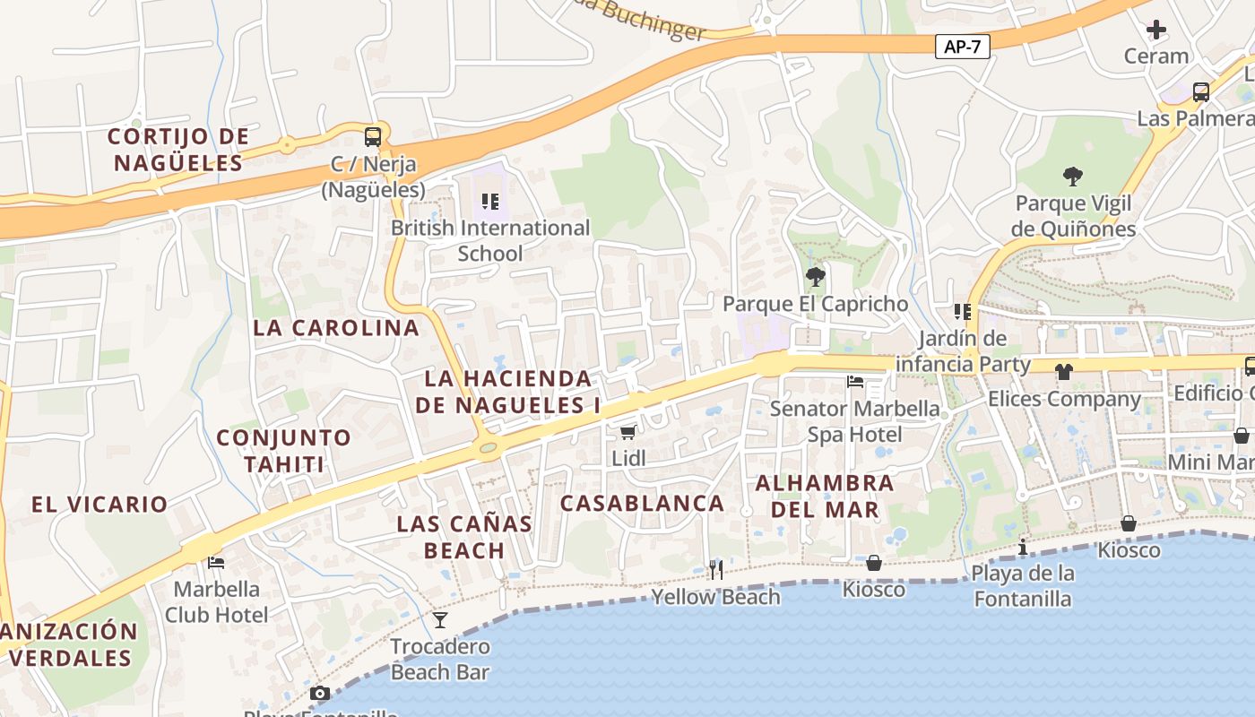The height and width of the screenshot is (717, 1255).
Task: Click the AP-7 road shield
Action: tap(962, 47)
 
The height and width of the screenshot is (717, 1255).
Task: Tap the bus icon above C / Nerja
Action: tap(373, 137)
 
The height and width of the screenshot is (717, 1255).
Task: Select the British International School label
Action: tap(489, 240)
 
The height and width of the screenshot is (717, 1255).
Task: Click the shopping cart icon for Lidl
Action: tap(628, 432)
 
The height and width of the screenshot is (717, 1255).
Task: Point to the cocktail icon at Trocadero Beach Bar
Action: tap(439, 619)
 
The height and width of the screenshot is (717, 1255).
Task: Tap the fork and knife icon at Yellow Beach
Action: tap(715, 569)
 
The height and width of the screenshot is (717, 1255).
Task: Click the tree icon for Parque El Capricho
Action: tap(815, 277)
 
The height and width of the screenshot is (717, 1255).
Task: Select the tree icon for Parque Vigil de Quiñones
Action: tap(1072, 176)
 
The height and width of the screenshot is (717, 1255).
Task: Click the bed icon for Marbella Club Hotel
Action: tap(216, 563)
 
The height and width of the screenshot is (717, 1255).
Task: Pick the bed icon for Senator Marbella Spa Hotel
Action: tap(855, 382)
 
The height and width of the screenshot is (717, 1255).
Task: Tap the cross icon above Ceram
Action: tap(1156, 30)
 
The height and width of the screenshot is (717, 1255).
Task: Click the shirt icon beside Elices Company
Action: tap(1063, 371)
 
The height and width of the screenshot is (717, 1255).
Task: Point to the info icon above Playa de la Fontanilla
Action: tap(1023, 547)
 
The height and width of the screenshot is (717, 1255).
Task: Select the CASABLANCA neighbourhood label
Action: tap(642, 503)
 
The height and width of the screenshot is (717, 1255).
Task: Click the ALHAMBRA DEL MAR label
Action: tap(824, 497)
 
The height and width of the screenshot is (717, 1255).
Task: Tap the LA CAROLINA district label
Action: tap(336, 327)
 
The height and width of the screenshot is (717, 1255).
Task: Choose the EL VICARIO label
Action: tap(100, 504)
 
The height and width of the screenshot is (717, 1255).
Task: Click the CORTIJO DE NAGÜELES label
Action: tap(177, 150)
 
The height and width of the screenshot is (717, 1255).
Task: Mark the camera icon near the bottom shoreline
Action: tap(319, 694)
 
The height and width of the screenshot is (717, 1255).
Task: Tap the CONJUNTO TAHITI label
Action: tap(284, 451)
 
